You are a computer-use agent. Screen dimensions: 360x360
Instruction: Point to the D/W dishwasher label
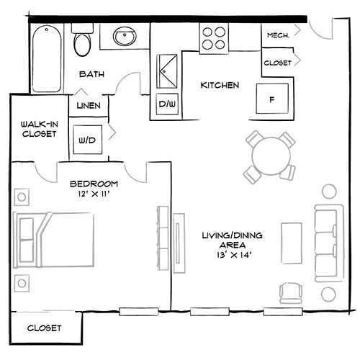(x=167, y=105)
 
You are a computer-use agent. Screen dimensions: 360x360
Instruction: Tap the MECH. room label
(x=278, y=35)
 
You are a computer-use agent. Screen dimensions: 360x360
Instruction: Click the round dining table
(x=269, y=153)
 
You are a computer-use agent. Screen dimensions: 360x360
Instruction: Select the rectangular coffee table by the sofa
(x=290, y=243)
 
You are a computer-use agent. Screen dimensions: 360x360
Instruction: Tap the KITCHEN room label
(x=219, y=86)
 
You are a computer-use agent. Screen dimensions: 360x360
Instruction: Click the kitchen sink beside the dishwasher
(x=167, y=72)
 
